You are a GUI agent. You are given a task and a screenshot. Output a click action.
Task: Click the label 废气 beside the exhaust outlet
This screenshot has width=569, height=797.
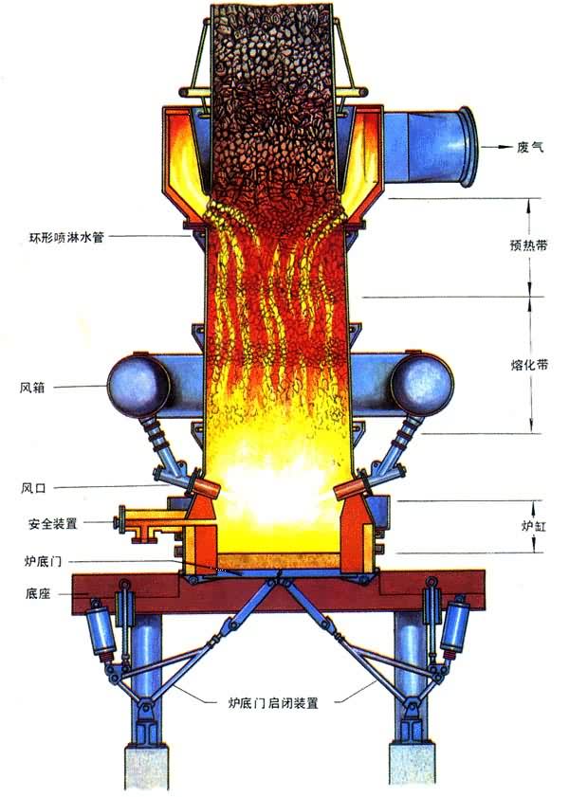530,148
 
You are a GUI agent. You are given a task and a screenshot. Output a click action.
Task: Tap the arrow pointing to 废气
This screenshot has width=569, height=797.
497,148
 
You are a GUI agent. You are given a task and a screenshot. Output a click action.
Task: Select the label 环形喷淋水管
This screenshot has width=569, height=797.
66,237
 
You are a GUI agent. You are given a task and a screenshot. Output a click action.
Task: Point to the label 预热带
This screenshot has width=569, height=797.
529,245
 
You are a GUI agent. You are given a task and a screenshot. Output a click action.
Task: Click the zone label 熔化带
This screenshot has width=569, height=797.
529,365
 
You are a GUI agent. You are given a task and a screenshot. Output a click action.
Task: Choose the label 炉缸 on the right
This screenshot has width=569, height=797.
534,526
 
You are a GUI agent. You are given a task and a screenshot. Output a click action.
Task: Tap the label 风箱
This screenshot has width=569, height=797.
32,388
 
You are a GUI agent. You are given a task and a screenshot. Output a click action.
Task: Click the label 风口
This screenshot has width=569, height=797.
33,488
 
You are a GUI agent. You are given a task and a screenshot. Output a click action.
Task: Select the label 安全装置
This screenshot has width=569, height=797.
53,523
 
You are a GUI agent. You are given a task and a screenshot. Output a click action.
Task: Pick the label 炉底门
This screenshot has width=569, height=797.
44,561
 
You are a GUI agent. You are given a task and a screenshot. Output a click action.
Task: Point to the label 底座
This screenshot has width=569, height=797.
38,593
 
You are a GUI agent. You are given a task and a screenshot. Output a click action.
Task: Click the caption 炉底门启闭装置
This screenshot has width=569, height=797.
273,703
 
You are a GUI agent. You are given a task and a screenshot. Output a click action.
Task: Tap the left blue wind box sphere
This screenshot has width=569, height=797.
138,381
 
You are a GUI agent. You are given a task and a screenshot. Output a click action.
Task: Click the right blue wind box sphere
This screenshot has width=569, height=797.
422,382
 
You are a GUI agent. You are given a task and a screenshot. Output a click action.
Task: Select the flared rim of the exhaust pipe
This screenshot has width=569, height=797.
468,146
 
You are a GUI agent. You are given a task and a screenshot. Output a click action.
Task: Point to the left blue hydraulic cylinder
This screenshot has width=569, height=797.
101,628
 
